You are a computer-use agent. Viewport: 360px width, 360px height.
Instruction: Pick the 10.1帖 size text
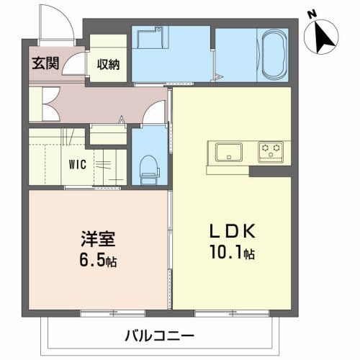[231, 253]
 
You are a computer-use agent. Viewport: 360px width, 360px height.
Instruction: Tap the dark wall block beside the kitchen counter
[270, 171]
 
